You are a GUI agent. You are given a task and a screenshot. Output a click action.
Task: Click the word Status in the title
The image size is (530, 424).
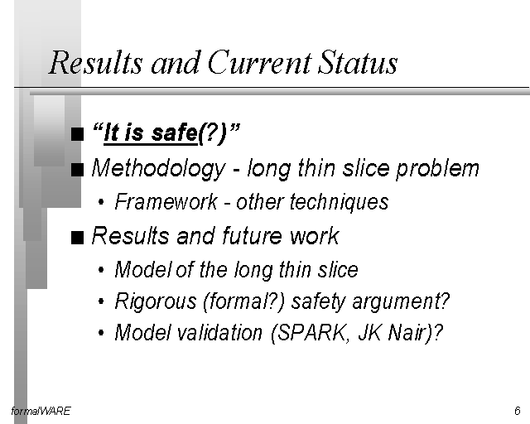358,62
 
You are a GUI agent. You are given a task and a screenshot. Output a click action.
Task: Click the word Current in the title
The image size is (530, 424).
259,62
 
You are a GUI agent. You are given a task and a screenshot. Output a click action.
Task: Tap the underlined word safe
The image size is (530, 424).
174,132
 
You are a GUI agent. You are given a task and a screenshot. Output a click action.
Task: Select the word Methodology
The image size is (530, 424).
158,168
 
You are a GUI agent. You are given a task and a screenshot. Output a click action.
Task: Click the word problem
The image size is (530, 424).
438,168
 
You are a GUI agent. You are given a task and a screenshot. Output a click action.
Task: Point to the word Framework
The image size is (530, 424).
166,201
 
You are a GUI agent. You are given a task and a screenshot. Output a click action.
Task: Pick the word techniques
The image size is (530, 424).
340,202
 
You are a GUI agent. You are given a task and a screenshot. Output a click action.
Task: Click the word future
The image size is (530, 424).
252,235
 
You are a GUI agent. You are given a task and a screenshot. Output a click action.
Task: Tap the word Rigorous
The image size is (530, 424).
156,301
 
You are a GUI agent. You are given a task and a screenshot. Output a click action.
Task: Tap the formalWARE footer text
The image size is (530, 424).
41,411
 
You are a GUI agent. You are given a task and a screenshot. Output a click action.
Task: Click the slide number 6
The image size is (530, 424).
517,411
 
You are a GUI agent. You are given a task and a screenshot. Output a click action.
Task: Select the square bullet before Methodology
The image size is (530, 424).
77,170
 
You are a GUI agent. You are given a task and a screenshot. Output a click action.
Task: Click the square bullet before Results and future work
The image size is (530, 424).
77,238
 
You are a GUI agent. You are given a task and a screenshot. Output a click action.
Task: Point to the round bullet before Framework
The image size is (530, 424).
101,202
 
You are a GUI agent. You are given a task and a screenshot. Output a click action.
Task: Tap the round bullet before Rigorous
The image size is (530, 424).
101,301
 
